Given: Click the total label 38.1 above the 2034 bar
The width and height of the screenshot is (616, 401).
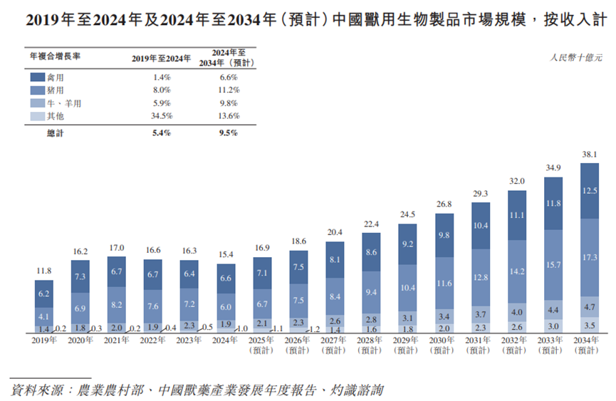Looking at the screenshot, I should point(590,155).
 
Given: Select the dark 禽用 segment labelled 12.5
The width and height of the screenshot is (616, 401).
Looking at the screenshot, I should point(590,190).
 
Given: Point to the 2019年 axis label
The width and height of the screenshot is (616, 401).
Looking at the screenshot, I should point(44,341).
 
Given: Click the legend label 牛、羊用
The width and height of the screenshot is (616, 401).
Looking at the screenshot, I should point(66,103).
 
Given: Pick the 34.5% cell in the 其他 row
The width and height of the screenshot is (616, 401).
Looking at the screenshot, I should point(162,116).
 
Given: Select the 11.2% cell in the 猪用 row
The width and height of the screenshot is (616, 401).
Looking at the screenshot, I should point(229,90).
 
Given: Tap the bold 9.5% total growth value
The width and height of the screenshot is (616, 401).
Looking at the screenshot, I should point(229,133).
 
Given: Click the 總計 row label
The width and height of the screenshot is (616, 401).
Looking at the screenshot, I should point(56,133).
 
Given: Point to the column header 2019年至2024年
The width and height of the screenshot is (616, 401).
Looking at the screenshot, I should point(162,60).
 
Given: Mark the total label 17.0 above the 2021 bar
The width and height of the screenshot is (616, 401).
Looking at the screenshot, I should point(117,249).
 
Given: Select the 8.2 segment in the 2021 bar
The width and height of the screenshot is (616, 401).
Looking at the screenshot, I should point(117,303).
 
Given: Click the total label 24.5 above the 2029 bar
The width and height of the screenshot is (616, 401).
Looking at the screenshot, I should point(407,214).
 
